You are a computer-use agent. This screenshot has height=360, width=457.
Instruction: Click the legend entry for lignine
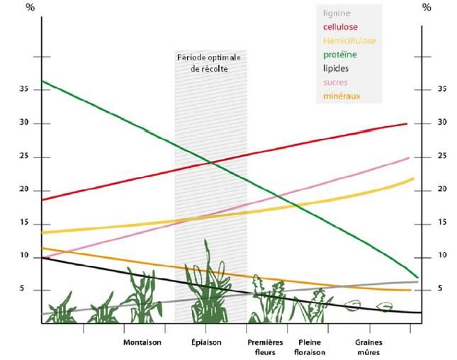pyautogui.click(x=337, y=13)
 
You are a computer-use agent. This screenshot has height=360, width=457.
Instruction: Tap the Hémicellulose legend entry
pyautogui.click(x=349, y=40)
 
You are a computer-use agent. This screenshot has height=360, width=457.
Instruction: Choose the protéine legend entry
pyautogui.click(x=340, y=55)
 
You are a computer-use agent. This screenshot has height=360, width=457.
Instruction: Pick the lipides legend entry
pyautogui.click(x=336, y=69)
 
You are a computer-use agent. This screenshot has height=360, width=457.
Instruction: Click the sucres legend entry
pyautogui.click(x=336, y=82)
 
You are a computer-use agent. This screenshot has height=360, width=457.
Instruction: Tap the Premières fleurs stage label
pyautogui.click(x=265, y=347)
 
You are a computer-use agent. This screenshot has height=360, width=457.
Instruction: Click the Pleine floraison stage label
pyautogui.click(x=307, y=347)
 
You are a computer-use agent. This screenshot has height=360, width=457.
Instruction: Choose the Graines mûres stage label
pyautogui.click(x=369, y=347)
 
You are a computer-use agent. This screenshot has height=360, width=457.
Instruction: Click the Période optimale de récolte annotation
pyautogui.click(x=209, y=62)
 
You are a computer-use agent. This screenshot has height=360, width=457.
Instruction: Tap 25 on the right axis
pyautogui.click(x=443, y=156)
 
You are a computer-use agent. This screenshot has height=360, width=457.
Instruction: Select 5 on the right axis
pyautogui.click(x=441, y=288)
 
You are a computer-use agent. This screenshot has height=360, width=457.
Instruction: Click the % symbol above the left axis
pyautogui.click(x=30, y=8)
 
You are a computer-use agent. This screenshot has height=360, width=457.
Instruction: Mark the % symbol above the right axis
pyautogui.click(x=427, y=8)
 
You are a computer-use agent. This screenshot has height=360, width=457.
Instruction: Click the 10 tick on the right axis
pyautogui.click(x=443, y=255)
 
